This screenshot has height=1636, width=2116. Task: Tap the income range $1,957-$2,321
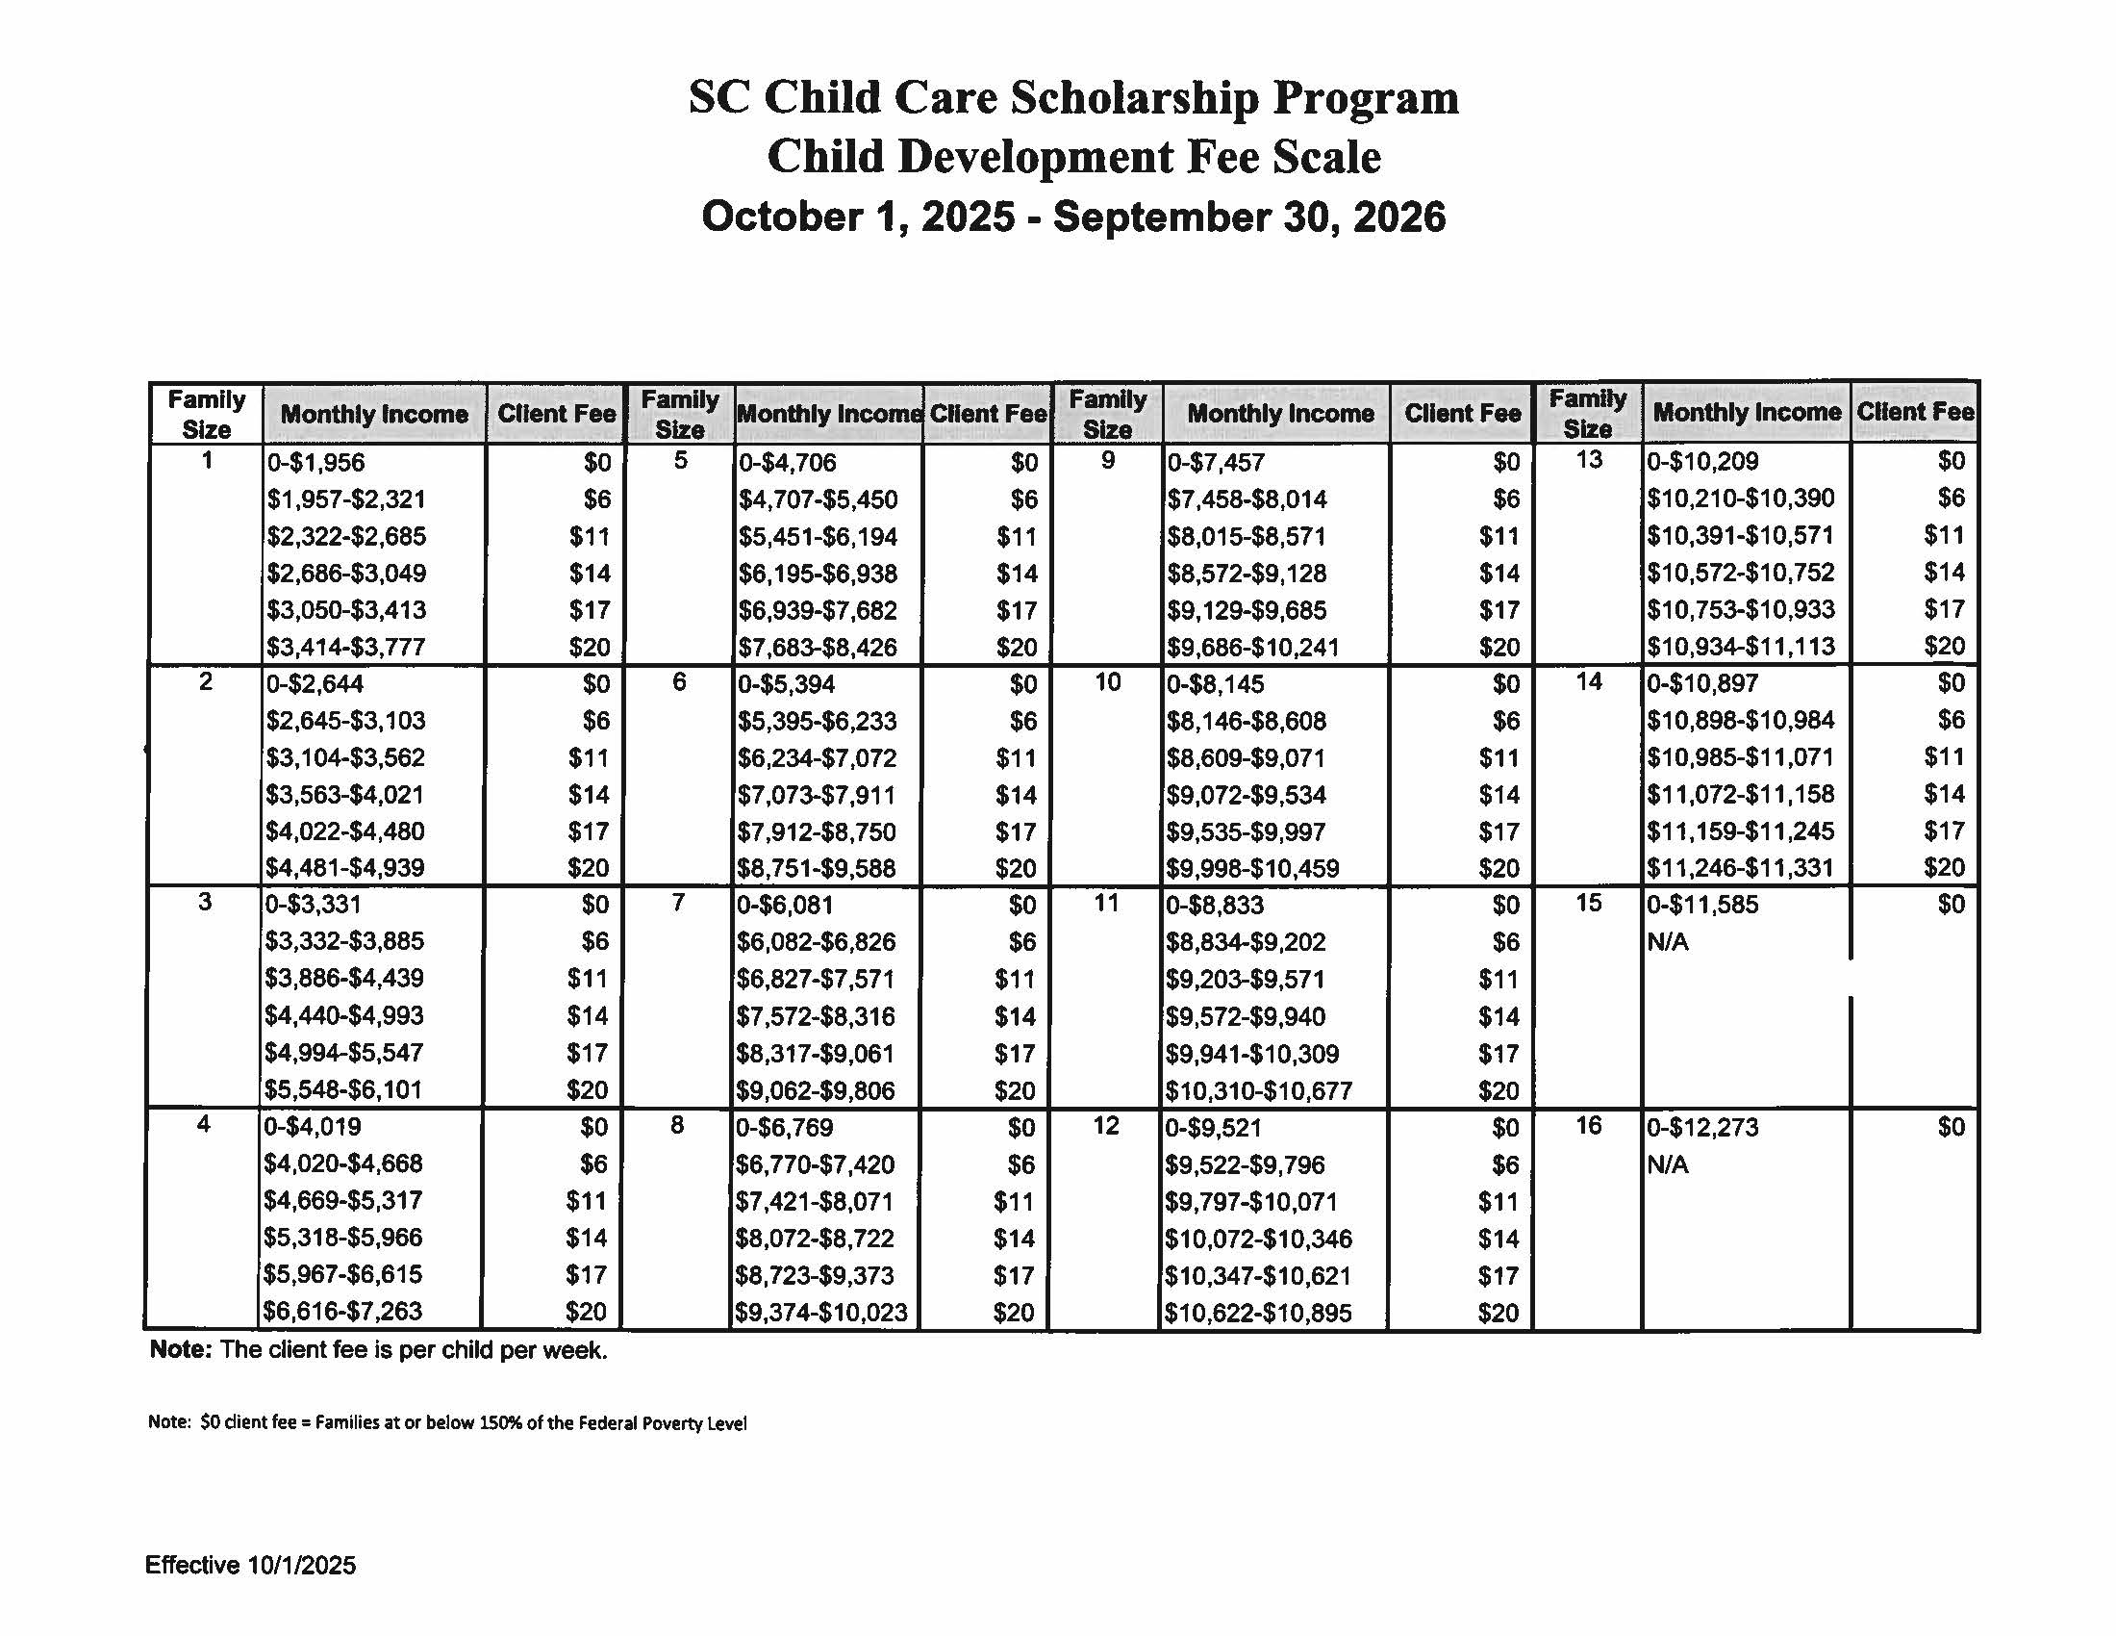click(x=346, y=500)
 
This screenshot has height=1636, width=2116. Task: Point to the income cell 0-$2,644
click(x=315, y=684)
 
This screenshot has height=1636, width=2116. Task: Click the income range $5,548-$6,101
click(x=344, y=1090)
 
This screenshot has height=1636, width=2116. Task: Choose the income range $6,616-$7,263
click(x=342, y=1313)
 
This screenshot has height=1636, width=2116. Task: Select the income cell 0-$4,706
click(x=787, y=463)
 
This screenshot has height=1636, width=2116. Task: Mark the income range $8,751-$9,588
click(x=817, y=868)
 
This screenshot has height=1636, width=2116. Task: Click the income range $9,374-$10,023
click(x=820, y=1314)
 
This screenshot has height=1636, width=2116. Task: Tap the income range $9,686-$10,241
click(x=1252, y=648)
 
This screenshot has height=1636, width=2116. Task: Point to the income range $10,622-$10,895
click(x=1258, y=1314)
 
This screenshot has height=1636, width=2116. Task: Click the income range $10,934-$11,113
click(x=1740, y=647)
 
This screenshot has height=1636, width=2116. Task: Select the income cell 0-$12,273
click(x=1702, y=1128)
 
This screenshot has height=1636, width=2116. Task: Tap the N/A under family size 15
click(x=1668, y=942)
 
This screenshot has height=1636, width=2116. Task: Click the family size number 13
click(x=1588, y=460)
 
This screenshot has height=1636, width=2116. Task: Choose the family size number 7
click(x=678, y=904)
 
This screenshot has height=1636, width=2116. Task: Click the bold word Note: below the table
click(x=180, y=1350)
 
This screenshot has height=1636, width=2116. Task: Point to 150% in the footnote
click(x=500, y=1423)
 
